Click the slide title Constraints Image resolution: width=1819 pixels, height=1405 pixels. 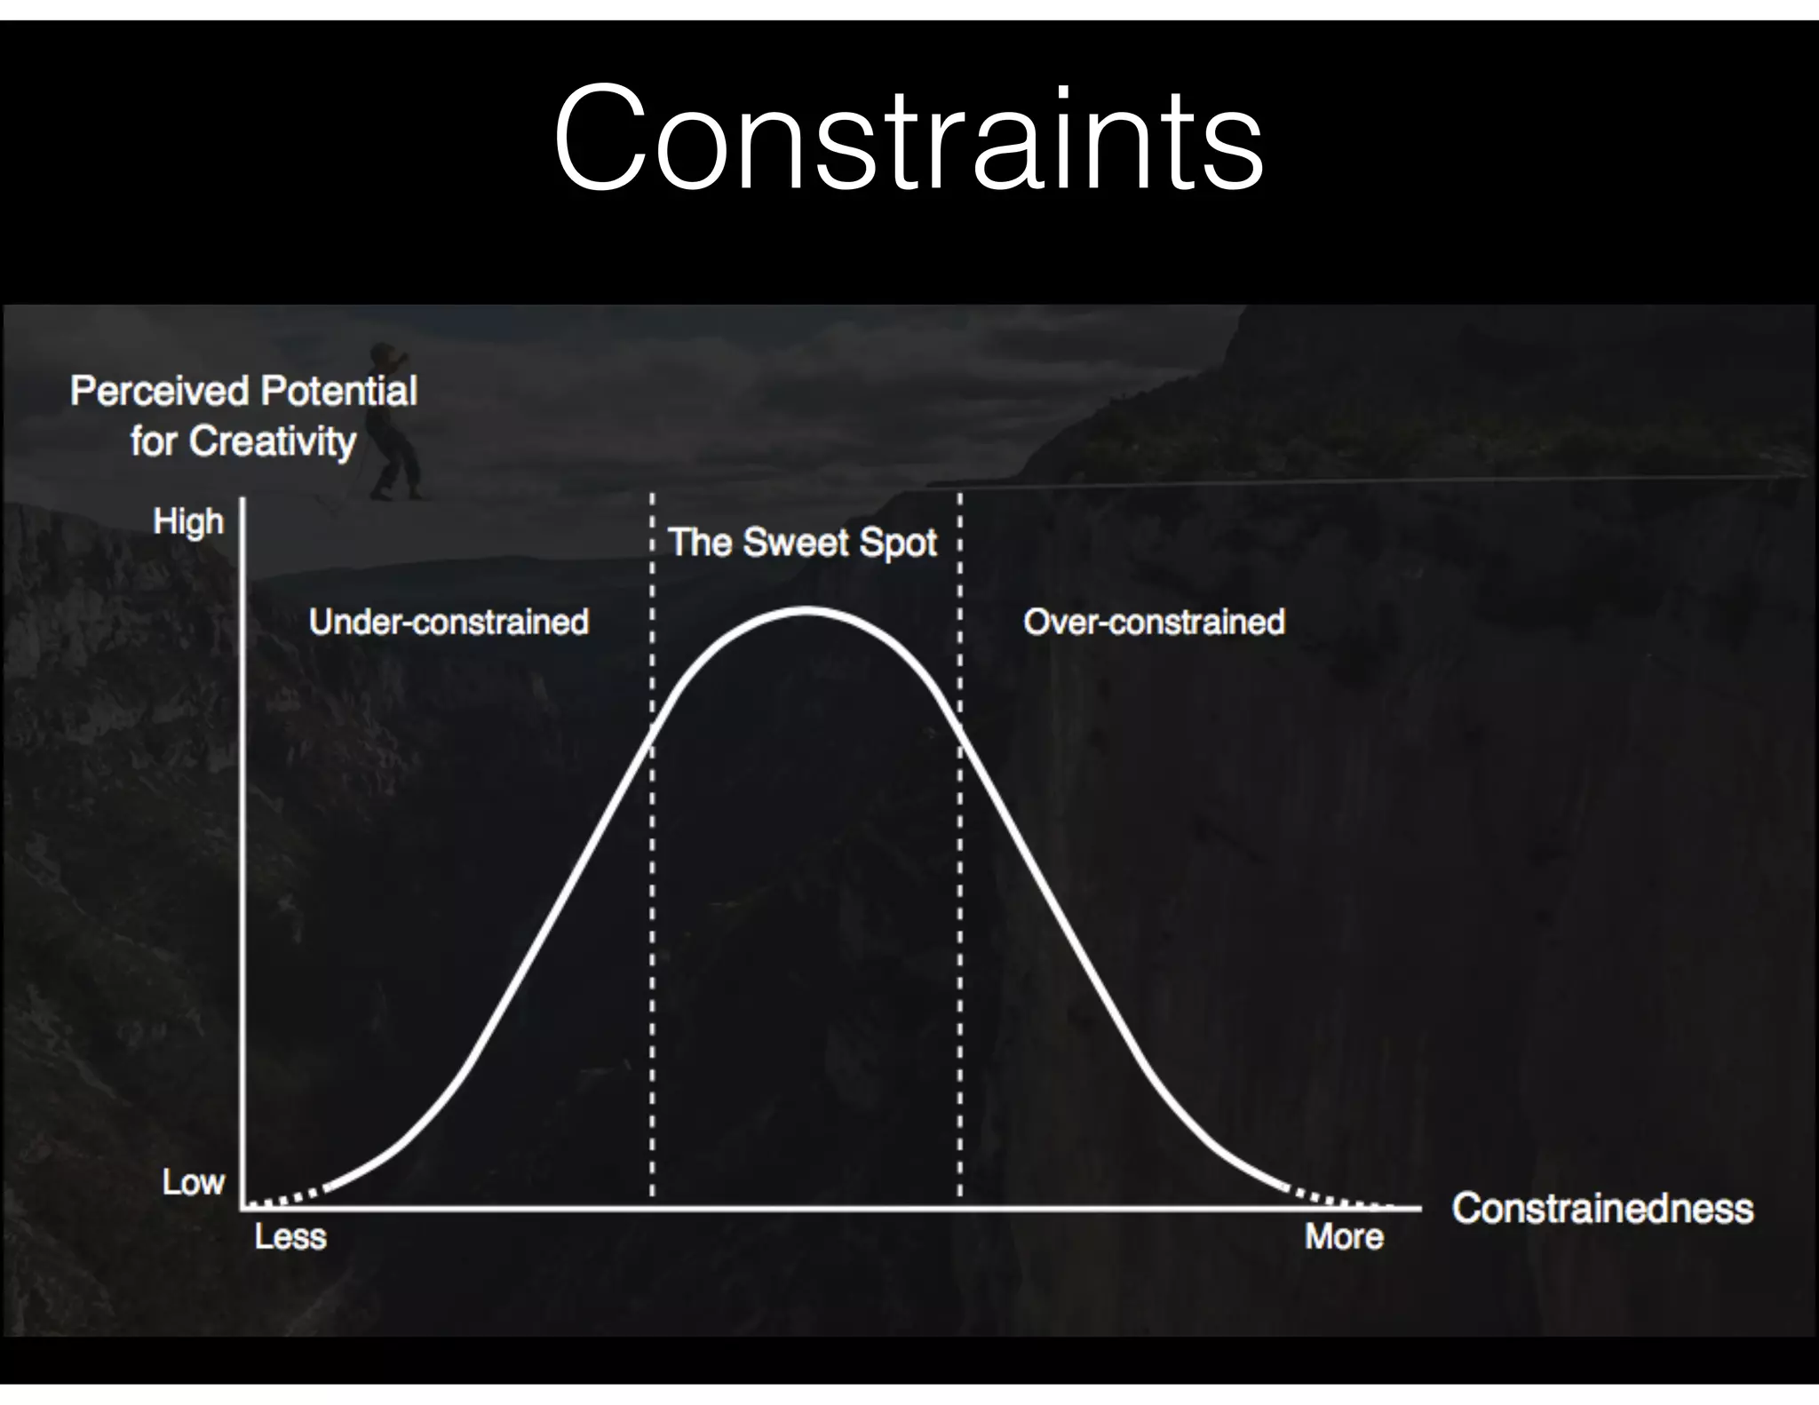(908, 139)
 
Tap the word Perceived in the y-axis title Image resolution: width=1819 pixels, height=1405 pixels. (158, 391)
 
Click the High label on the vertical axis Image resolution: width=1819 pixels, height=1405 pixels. (188, 521)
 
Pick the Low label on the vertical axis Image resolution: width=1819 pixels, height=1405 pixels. (194, 1182)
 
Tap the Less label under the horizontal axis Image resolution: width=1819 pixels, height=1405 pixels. (290, 1236)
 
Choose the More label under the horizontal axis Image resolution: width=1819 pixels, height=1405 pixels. (1344, 1236)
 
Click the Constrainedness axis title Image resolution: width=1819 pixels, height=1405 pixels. (1602, 1208)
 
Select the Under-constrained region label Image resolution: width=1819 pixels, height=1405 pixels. (449, 622)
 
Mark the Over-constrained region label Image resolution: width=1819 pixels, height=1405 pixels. (1154, 622)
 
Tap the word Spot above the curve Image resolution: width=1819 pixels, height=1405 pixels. (896, 543)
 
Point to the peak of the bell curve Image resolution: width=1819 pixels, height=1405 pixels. (806, 610)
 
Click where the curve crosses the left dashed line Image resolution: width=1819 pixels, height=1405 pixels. (653, 726)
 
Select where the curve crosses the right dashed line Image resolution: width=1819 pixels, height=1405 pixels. (960, 726)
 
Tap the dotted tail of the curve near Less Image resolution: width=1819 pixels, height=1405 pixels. (284, 1199)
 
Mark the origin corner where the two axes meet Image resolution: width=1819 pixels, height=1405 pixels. (242, 1208)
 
